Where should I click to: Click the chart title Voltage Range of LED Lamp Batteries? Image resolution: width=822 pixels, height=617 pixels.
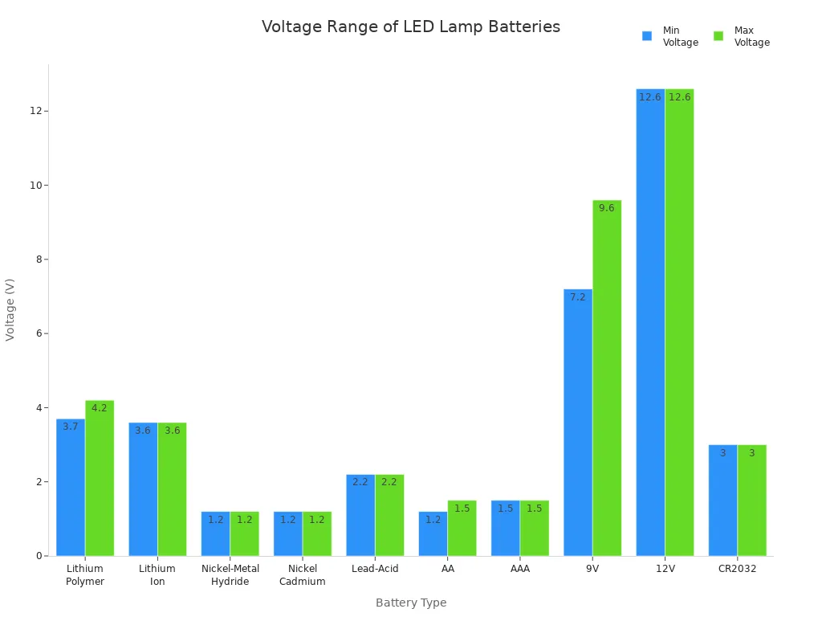point(411,27)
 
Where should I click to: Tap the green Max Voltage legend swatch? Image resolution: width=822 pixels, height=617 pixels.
point(718,36)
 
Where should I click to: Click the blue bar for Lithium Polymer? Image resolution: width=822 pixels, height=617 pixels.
point(71,487)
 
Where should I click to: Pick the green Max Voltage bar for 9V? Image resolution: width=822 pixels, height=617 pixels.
point(607,378)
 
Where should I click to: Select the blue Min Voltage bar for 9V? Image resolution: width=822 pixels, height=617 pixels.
point(578,422)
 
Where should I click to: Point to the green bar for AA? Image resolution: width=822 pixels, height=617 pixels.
point(462,528)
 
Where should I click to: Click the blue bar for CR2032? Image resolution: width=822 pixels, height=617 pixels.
point(722,500)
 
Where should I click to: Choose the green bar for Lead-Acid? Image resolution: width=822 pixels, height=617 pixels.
point(389,515)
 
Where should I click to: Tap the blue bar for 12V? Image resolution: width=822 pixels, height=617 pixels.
point(650,321)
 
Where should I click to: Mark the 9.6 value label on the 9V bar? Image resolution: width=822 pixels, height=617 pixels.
point(607,208)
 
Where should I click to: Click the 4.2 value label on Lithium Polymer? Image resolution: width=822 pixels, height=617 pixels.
point(100,408)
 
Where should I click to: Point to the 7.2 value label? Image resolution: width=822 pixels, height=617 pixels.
point(578,297)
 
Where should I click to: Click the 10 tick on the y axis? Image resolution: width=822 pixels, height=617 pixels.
point(35,185)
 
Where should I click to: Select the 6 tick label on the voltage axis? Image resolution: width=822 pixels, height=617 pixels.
point(37,333)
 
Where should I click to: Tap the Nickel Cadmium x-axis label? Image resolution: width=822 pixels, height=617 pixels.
point(303,575)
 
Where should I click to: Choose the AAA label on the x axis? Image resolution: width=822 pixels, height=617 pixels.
point(520,569)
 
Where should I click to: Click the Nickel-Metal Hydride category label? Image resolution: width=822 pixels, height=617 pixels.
point(230,575)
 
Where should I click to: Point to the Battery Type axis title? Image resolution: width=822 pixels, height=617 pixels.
point(411,603)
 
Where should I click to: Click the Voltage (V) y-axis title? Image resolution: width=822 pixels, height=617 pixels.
point(10,309)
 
